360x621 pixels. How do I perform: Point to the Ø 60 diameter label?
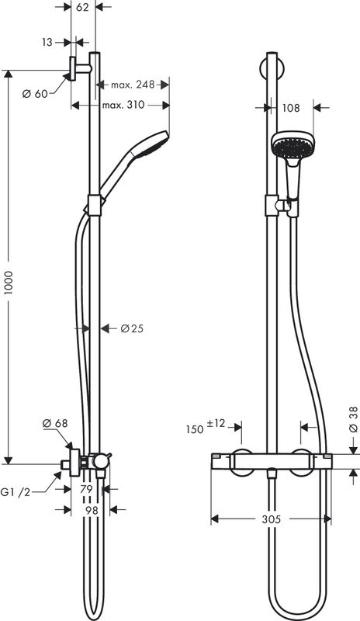pos(36,93)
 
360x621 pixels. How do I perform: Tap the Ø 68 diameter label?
pos(55,423)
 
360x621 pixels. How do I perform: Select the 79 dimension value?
pos(88,489)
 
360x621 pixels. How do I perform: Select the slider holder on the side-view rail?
pos(94,205)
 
